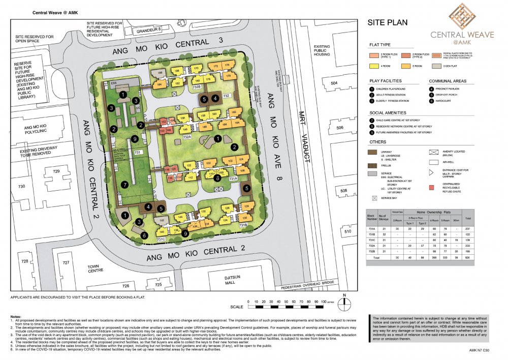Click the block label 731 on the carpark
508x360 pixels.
[137, 153]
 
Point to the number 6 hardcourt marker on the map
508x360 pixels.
[145, 235]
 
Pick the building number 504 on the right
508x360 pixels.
[334, 82]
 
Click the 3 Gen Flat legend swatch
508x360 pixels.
[434, 66]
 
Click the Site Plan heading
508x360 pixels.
[388, 23]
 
